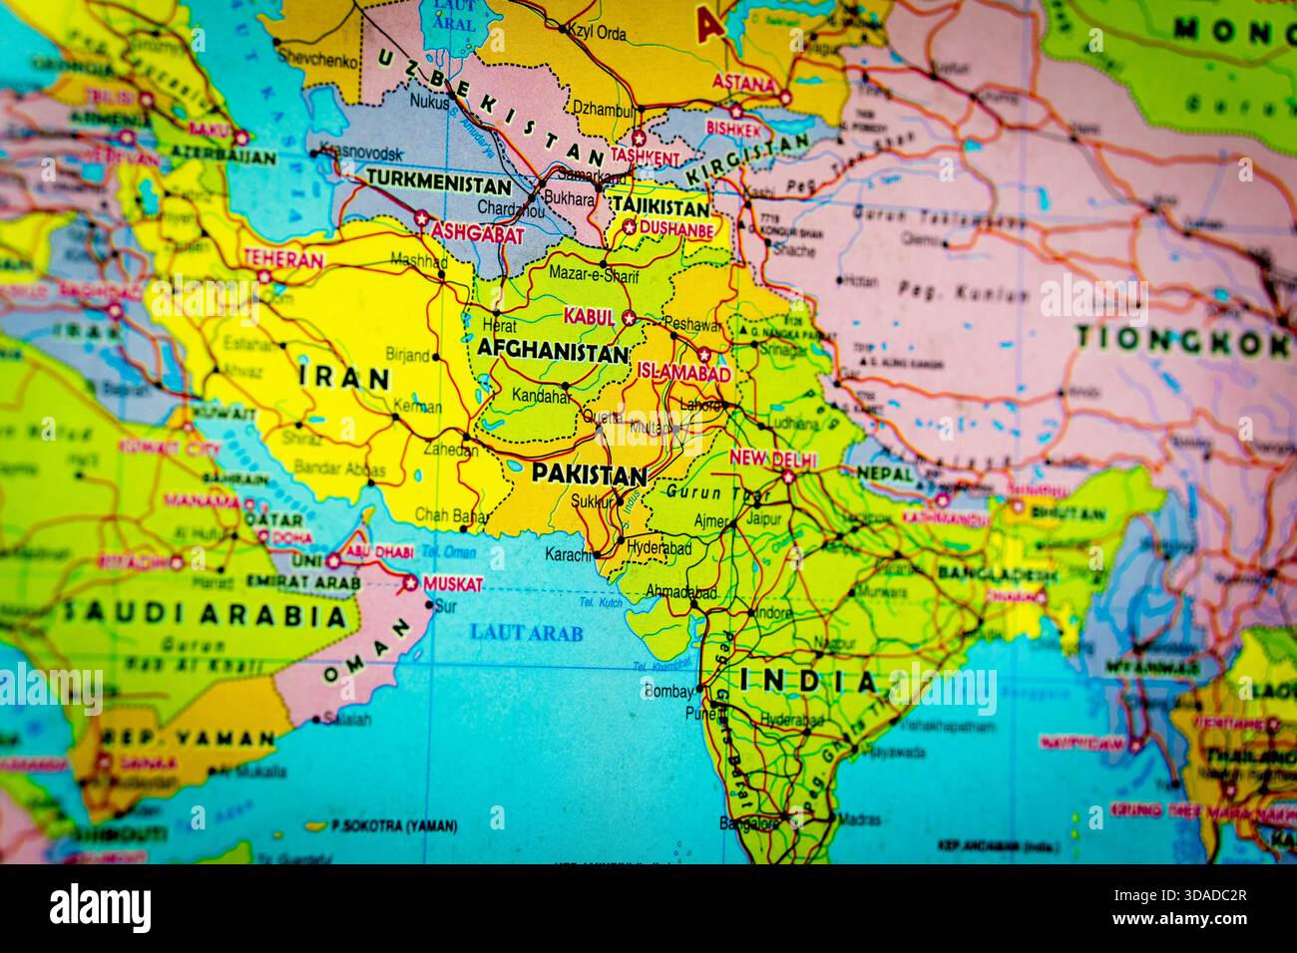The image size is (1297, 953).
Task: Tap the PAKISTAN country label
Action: click(x=590, y=474)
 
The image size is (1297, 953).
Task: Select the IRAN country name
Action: click(x=344, y=377)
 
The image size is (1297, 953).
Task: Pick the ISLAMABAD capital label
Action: click(x=684, y=372)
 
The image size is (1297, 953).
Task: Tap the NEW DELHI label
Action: click(x=773, y=460)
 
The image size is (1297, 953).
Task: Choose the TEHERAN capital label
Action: click(x=282, y=259)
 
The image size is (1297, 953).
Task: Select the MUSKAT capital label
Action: click(x=453, y=583)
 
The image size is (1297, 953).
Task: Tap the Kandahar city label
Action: click(x=541, y=397)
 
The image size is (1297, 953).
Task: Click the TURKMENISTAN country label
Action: click(x=440, y=182)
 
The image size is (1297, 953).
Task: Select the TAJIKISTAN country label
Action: click(x=661, y=207)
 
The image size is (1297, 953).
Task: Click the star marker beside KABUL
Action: click(x=629, y=318)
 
